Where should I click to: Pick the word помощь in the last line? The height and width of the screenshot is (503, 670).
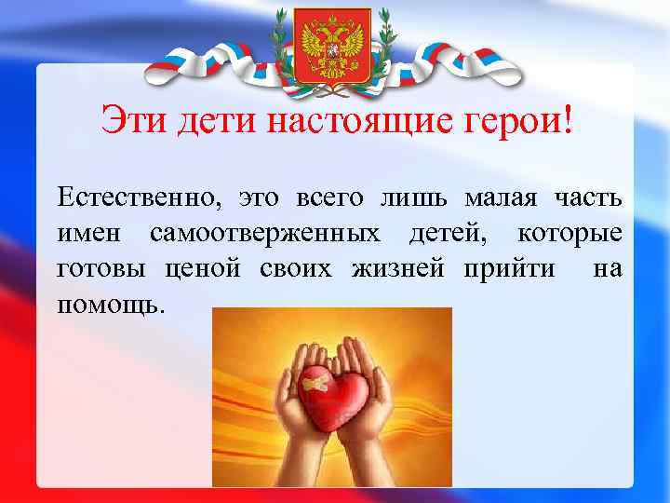click(x=110, y=303)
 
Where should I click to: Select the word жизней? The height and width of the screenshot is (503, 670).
click(x=401, y=268)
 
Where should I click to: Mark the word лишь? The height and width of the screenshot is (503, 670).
click(x=421, y=198)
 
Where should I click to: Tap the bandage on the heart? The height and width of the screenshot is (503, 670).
click(x=315, y=383)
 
